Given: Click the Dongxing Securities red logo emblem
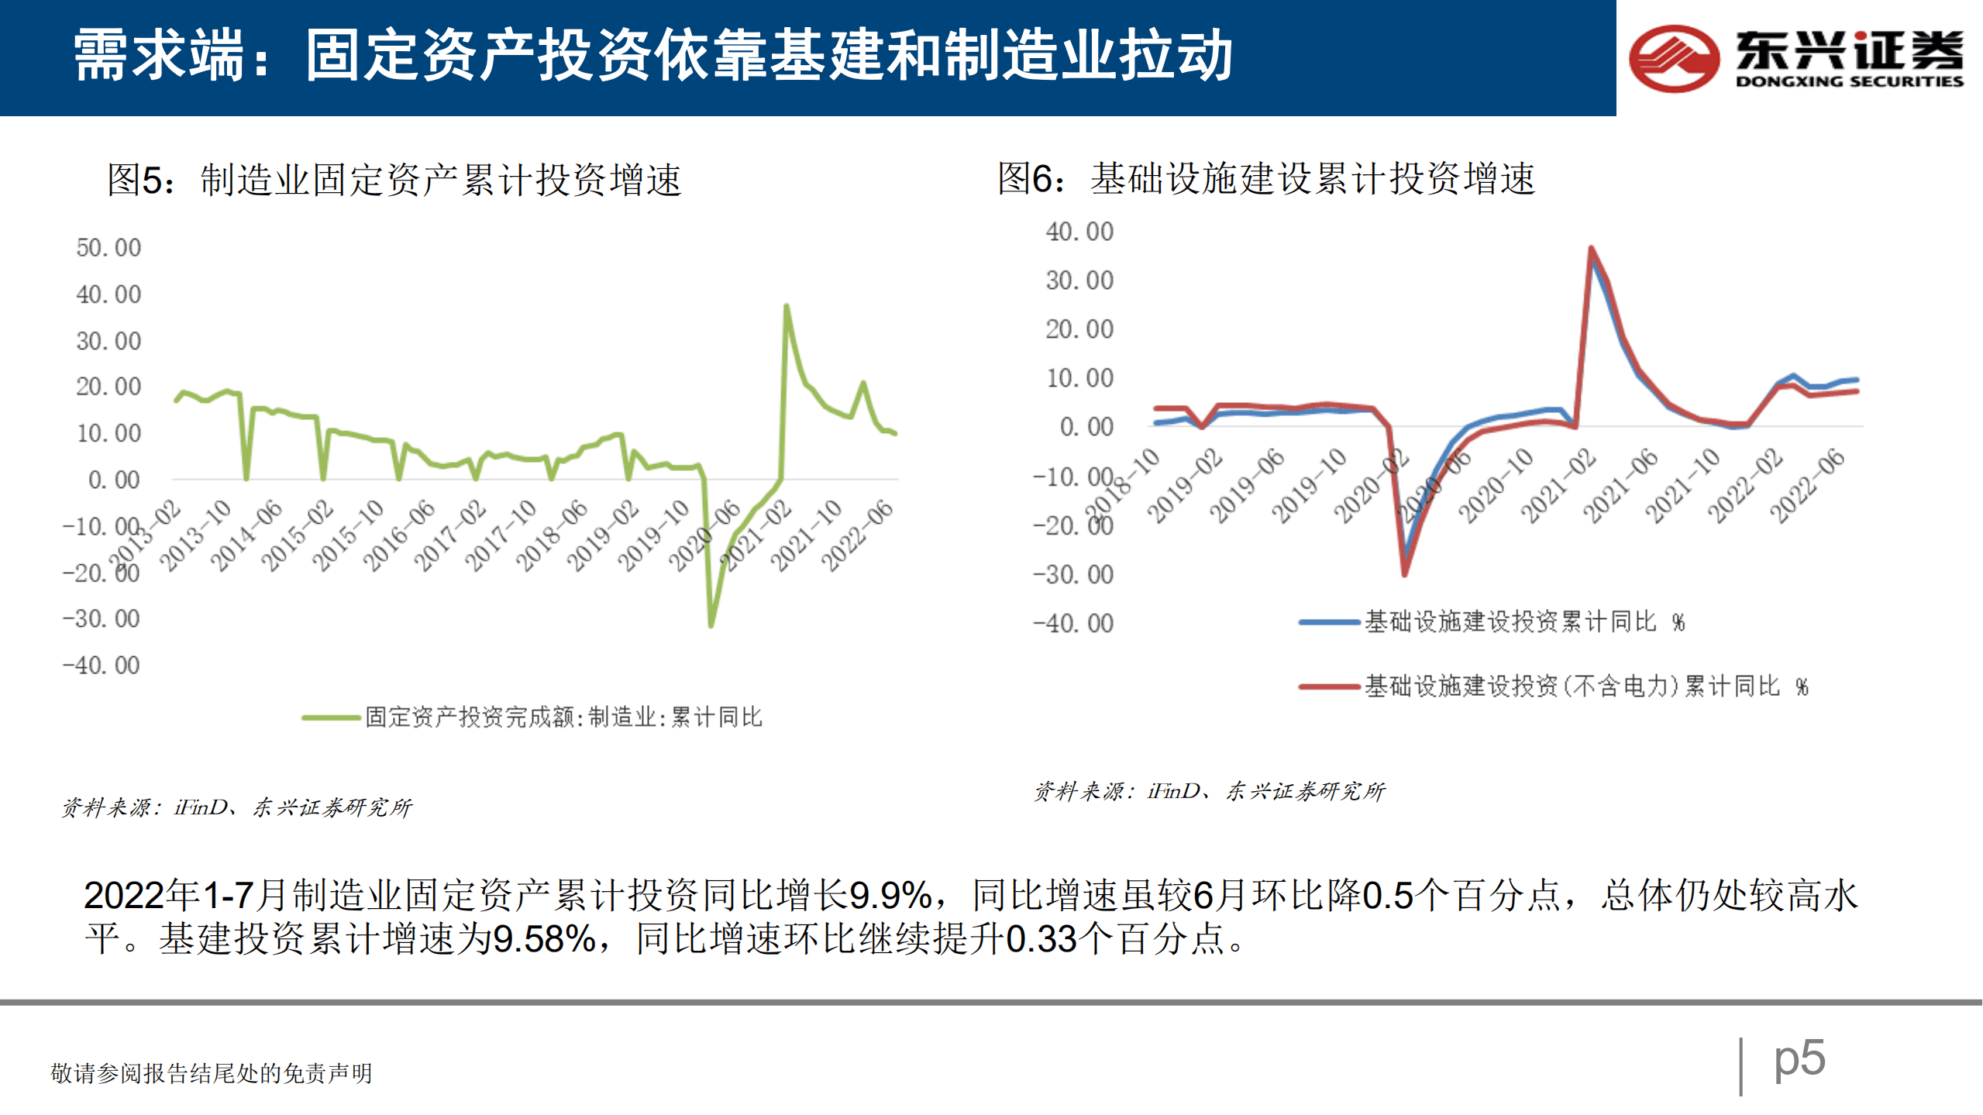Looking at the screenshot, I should tap(1674, 58).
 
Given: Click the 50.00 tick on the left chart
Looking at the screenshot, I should tap(108, 248).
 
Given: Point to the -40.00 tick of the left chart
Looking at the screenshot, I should tap(102, 666).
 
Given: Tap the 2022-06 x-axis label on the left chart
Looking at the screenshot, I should tap(857, 535).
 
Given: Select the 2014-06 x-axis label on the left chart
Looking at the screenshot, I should tap(246, 535).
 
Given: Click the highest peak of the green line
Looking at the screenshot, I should tap(787, 306).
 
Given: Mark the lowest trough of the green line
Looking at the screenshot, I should tap(711, 625).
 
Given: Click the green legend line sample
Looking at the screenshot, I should tap(332, 718).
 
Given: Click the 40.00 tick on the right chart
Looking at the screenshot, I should tap(1079, 232).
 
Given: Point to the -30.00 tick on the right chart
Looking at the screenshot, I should tap(1073, 575).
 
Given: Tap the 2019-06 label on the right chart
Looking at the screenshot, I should tap(1247, 486).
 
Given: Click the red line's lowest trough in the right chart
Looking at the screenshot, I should tap(1405, 574).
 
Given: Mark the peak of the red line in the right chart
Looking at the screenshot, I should tap(1591, 249).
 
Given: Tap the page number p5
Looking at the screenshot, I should tap(1799, 1058).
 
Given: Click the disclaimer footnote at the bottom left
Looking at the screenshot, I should tap(212, 1073).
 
